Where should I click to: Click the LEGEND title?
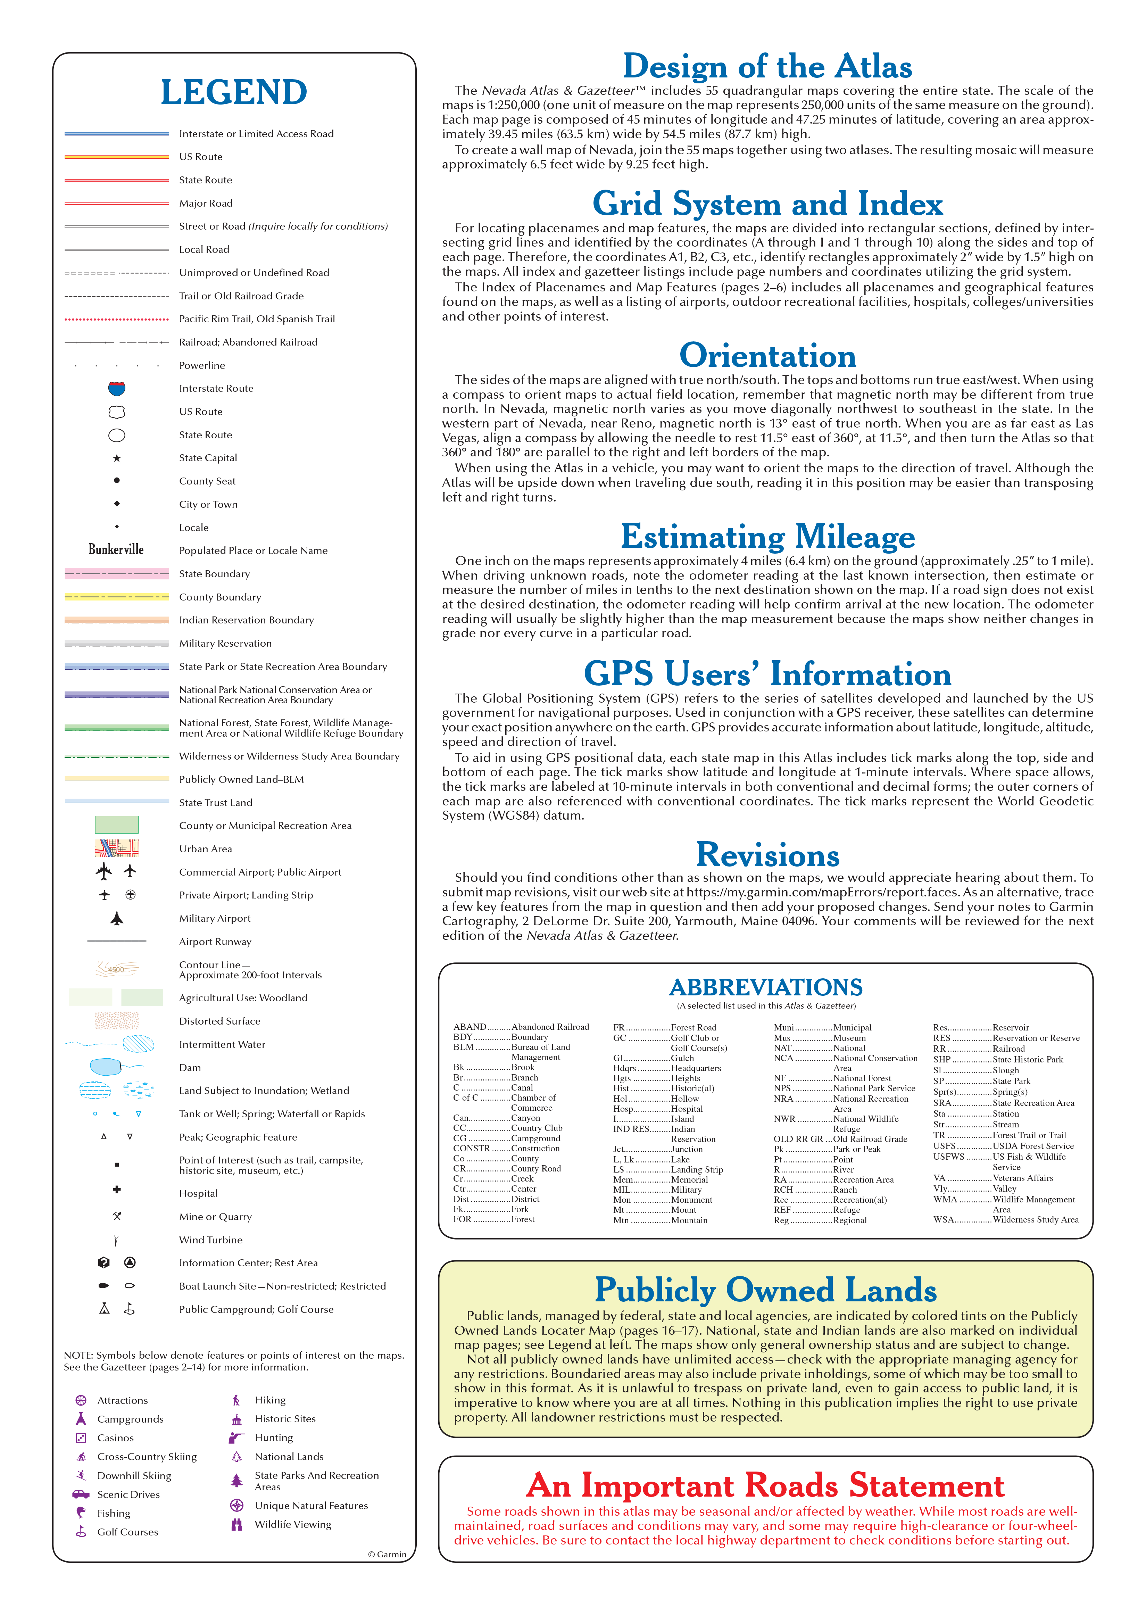[234, 92]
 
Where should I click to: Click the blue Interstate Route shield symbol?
[116, 388]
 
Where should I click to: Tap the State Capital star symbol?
[116, 458]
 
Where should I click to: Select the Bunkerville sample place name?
[116, 550]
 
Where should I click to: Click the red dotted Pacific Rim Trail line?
[116, 319]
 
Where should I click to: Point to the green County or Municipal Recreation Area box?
[116, 825]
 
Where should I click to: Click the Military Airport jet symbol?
[116, 918]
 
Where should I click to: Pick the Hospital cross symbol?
[116, 1190]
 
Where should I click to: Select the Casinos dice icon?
[81, 1438]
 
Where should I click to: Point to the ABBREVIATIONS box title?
[766, 987]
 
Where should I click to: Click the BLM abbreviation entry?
[464, 1047]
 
